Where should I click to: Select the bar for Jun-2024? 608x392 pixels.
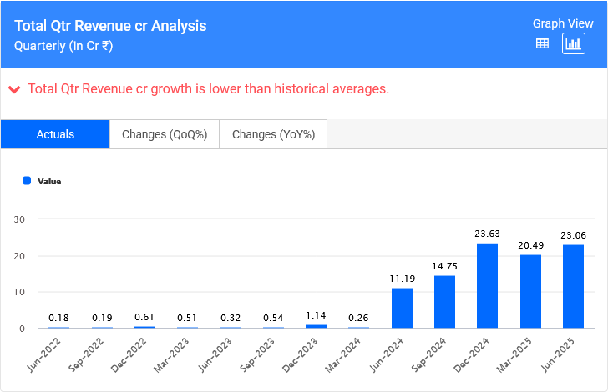pos(402,308)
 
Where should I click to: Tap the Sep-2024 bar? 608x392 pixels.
pos(444,301)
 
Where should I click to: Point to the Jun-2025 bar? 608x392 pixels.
pos(573,286)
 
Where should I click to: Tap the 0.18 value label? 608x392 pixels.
pos(58,318)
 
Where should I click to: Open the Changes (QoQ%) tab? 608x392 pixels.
pos(165,134)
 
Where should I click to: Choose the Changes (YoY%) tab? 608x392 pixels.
pos(273,134)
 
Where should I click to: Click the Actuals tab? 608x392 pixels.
pos(55,134)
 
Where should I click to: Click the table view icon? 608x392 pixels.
pos(542,43)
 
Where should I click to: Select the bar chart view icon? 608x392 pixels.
pos(574,43)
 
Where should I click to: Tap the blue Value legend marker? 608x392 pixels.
pos(27,180)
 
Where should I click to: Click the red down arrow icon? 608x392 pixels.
pos(14,88)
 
